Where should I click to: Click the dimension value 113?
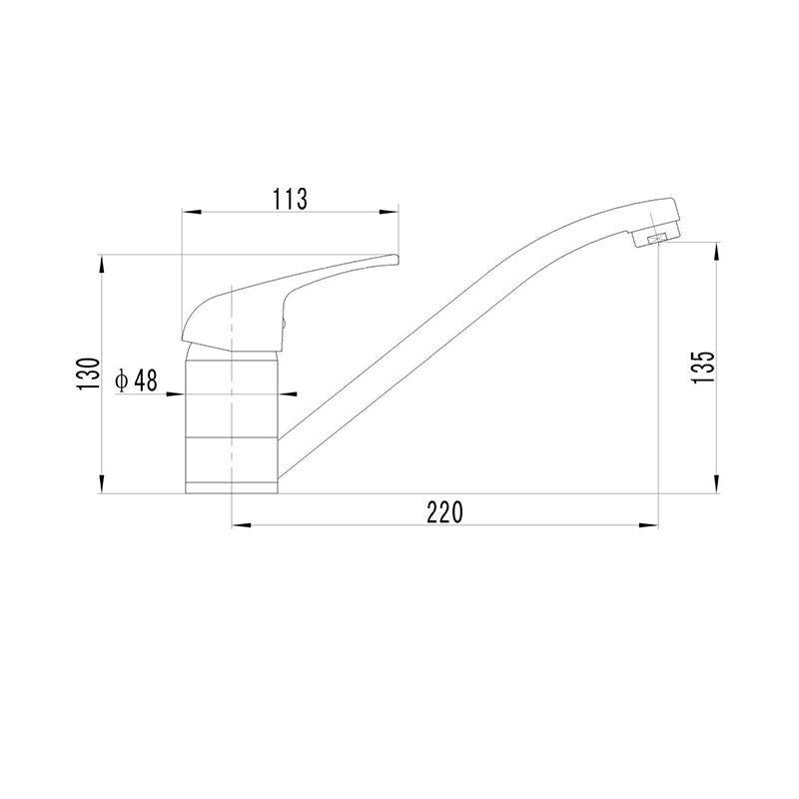(x=291, y=199)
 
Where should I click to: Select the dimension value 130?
(x=88, y=374)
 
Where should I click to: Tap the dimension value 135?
(x=705, y=368)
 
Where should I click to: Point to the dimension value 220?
(x=444, y=512)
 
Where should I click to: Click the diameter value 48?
(x=146, y=381)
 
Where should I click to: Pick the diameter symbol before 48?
(x=121, y=381)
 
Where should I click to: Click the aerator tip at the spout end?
(x=655, y=236)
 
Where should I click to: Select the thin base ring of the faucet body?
(x=232, y=487)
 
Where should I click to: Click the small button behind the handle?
(x=284, y=324)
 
